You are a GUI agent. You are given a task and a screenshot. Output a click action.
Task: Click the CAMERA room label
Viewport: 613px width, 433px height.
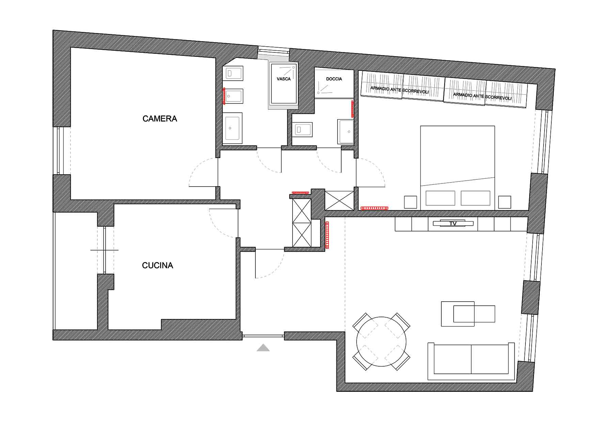160,119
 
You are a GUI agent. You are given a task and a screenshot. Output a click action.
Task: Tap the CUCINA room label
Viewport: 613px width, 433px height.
157,266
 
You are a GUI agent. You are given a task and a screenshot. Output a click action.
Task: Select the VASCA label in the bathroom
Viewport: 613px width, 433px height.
284,79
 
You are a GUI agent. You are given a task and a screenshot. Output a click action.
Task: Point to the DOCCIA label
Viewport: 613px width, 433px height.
334,79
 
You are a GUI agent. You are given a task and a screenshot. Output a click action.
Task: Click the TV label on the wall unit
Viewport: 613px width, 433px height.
453,224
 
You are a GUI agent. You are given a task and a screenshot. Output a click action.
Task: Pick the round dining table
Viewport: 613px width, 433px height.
381,341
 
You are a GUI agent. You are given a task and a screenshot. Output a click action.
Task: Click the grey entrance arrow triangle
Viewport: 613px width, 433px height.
263,348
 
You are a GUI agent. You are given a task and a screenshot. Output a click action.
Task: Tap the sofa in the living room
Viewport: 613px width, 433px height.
471,362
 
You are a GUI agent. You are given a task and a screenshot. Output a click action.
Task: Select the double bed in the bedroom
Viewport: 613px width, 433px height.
457,168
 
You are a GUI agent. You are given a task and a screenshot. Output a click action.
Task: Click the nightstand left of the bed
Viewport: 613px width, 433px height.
411,202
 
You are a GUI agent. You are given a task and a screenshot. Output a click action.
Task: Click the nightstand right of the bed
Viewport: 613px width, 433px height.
504,202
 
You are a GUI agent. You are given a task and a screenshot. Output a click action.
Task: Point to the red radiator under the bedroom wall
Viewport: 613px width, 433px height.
374,208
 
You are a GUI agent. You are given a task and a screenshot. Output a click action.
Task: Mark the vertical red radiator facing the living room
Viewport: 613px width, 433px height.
327,235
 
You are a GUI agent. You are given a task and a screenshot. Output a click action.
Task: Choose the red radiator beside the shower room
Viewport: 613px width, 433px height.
352,109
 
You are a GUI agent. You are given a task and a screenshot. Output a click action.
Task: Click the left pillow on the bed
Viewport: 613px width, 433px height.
440,198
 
